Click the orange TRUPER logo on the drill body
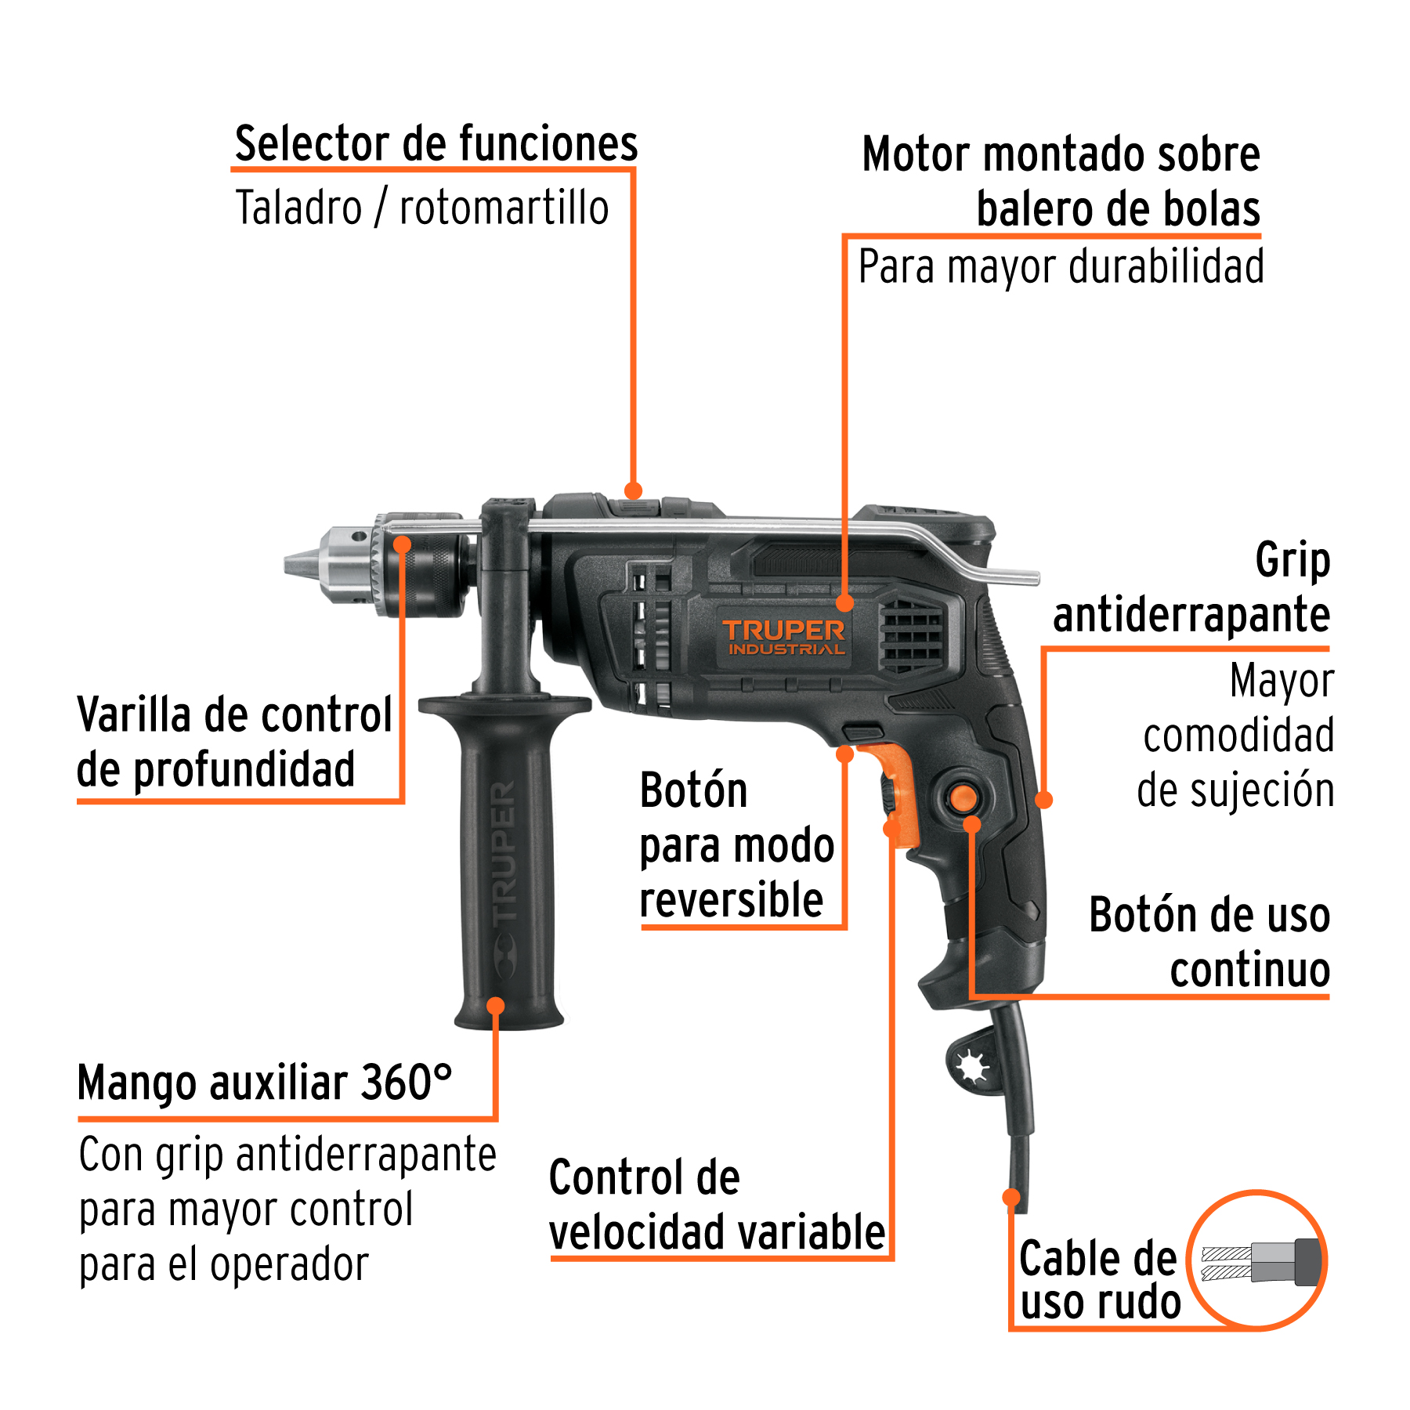pyautogui.click(x=783, y=631)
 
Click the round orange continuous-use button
pyautogui.click(x=963, y=798)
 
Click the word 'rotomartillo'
pyautogui.click(x=504, y=208)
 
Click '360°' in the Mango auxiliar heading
pyautogui.click(x=406, y=1083)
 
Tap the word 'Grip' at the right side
pyautogui.click(x=1292, y=561)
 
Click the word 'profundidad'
pyautogui.click(x=244, y=770)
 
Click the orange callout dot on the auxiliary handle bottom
pyautogui.click(x=495, y=1005)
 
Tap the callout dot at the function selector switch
pyautogui.click(x=633, y=490)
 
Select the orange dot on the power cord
pyautogui.click(x=1011, y=1197)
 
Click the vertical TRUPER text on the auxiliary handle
pyautogui.click(x=504, y=850)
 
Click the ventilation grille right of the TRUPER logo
pyautogui.click(x=911, y=633)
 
